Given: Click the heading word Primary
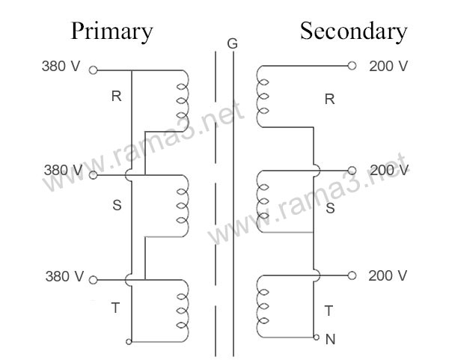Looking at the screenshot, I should tap(112, 31).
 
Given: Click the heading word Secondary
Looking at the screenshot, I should tap(353, 31).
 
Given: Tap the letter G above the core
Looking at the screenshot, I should tap(232, 44).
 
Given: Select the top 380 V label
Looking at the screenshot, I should tap(61, 66).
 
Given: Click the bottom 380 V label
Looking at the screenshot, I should tap(63, 276).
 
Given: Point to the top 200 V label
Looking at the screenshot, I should tap(388, 66).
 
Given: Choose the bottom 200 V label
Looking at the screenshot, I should tap(388, 276).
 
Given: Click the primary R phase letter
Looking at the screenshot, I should tap(116, 96).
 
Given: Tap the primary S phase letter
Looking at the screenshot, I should tap(116, 205).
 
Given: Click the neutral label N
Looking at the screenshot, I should tap(331, 339).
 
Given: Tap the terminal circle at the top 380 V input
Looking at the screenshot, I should tap(93, 71).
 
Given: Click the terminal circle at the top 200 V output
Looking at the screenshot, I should tap(352, 66).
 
